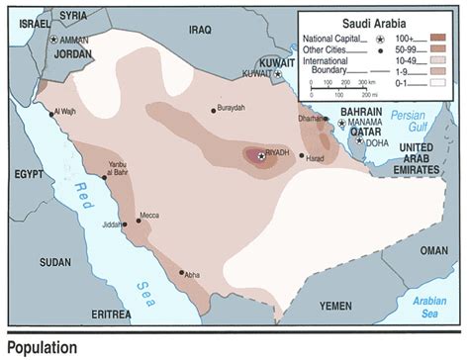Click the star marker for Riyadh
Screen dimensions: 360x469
[x=260, y=155]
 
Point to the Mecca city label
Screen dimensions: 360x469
[x=150, y=215]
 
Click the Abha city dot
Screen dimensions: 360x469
[x=181, y=272]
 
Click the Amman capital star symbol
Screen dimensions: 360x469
[x=53, y=39]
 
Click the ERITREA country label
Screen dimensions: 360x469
[x=102, y=314]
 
